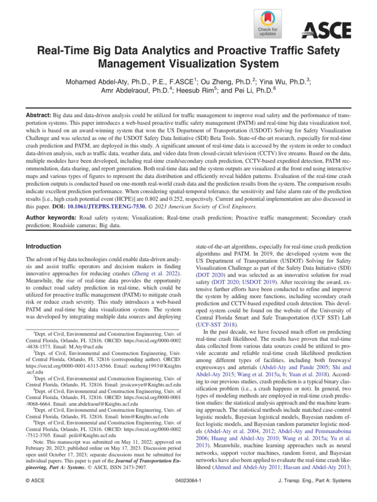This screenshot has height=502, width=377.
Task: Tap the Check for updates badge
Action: tap(267, 25)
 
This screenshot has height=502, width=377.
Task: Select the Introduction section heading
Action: tap(43, 246)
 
